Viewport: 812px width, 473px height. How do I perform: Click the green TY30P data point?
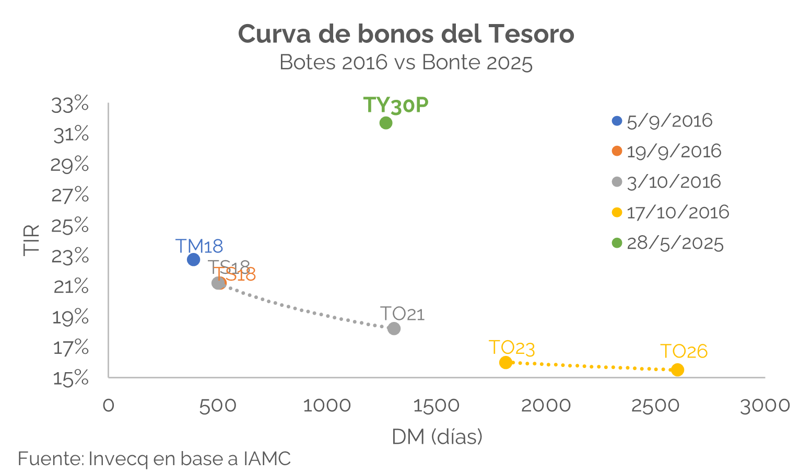386,123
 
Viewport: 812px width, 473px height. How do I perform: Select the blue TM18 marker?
194,259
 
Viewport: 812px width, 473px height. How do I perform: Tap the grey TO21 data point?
394,328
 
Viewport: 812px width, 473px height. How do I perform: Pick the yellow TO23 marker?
505,362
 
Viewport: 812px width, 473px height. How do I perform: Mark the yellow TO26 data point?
677,370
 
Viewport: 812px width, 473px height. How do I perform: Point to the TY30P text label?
396,105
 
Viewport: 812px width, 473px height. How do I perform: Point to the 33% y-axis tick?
70,105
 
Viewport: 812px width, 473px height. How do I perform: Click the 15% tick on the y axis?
70,377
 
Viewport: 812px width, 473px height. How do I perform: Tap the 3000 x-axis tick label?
764,406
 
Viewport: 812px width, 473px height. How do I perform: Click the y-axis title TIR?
32,240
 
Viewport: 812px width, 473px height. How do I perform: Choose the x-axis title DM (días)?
437,437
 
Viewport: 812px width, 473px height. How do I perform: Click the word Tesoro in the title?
532,34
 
